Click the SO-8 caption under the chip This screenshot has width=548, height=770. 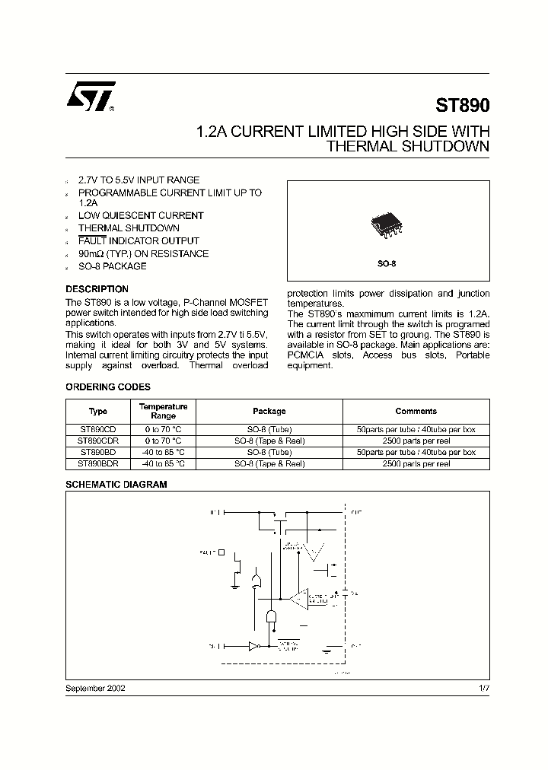388,263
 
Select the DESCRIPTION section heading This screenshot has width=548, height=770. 97,289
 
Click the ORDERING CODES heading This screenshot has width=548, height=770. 108,387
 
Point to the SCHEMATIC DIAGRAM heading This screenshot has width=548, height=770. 116,484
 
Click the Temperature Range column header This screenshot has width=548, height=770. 163,411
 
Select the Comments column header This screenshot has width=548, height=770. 416,411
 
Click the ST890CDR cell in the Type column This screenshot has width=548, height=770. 98,441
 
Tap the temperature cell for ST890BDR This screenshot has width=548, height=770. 163,463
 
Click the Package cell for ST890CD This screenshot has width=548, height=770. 269,430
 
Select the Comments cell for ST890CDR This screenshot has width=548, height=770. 416,441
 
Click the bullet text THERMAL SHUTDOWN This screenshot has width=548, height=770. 129,228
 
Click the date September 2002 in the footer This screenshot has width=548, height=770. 95,687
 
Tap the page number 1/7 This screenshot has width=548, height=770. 483,687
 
